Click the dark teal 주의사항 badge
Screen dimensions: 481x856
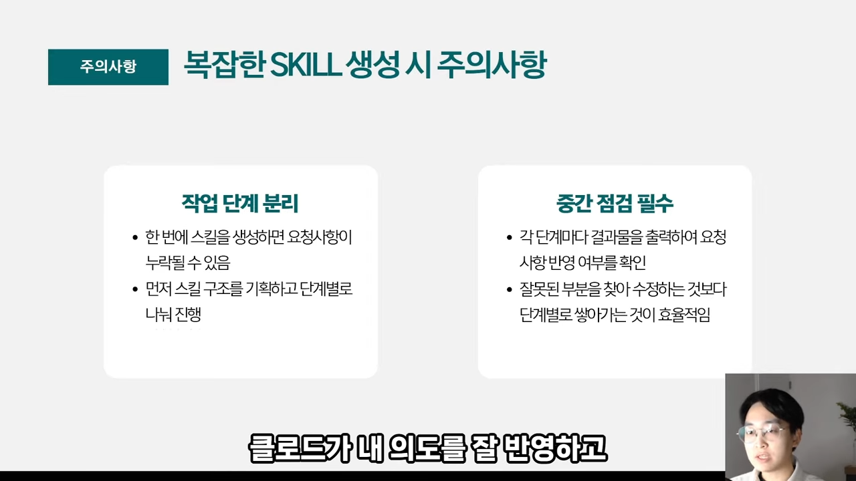(x=108, y=67)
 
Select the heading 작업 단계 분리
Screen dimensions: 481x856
(x=240, y=203)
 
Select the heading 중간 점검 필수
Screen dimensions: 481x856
(x=615, y=203)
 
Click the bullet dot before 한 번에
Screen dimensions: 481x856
(x=135, y=238)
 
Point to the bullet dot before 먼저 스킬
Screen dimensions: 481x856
(x=135, y=290)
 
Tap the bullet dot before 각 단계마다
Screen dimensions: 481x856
(x=510, y=238)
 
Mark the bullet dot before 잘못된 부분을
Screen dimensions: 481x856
(x=510, y=290)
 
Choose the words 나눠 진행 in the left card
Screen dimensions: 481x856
(x=173, y=315)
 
